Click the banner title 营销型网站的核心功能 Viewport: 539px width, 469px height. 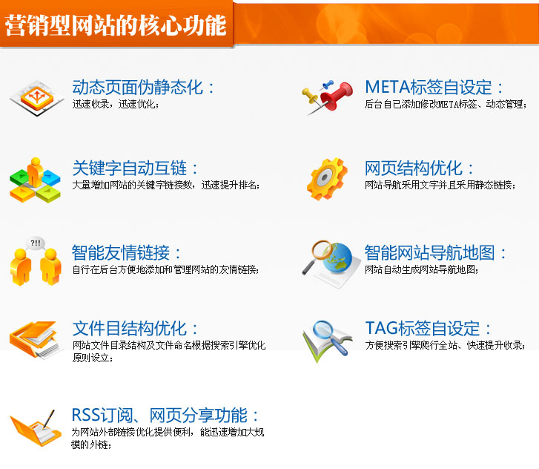point(116,25)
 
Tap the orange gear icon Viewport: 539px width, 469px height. point(327,179)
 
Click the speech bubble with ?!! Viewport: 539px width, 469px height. point(36,243)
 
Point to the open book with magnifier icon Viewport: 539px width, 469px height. point(327,341)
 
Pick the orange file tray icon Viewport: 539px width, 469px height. point(35,339)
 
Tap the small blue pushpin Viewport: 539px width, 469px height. point(328,84)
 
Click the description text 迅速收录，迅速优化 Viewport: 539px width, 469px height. point(116,104)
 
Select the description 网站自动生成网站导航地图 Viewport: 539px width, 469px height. point(422,269)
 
